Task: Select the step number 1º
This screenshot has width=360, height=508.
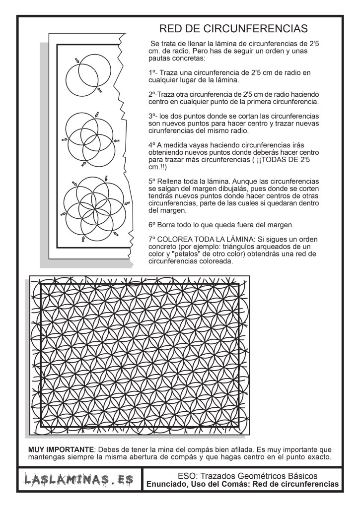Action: coord(152,72)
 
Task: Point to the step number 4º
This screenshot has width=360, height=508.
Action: coord(152,144)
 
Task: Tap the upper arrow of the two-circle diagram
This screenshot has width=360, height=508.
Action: coord(76,60)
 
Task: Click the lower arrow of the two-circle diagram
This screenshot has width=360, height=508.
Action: coord(100,90)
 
